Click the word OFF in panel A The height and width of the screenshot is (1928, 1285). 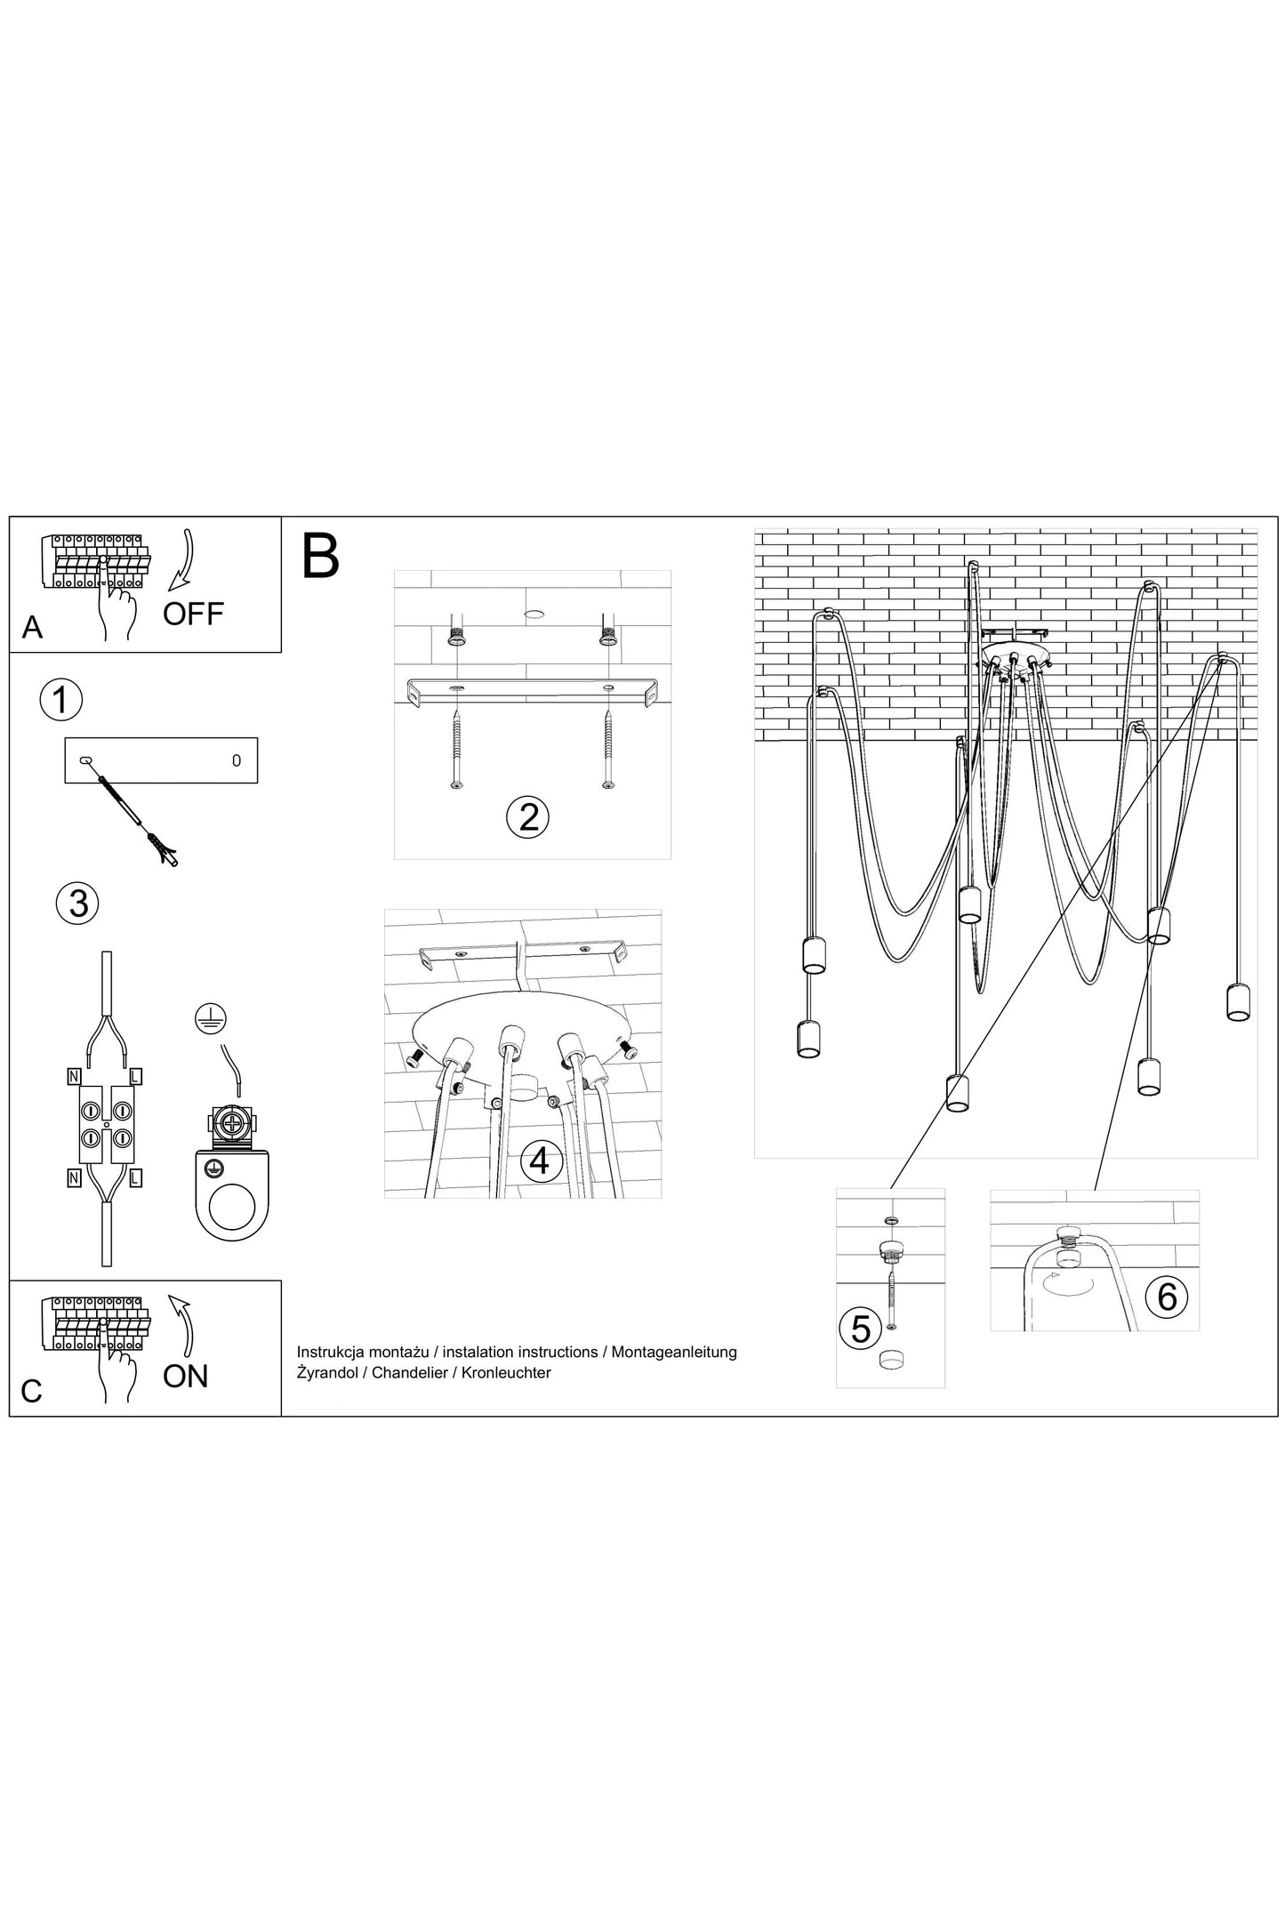[193, 614]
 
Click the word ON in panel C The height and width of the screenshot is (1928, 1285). [185, 1377]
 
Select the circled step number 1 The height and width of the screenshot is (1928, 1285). [60, 700]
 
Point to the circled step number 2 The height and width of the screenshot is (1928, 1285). [528, 816]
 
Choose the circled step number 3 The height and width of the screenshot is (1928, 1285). [78, 904]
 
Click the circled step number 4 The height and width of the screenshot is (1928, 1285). [540, 1161]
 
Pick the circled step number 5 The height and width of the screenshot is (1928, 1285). [861, 1329]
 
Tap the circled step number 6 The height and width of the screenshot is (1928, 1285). [1167, 1297]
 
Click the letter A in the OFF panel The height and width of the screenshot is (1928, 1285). [32, 628]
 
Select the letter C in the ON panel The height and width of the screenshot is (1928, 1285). [31, 1392]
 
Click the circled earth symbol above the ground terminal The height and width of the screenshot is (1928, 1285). [211, 1019]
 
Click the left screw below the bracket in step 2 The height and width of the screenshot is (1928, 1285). [455, 749]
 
